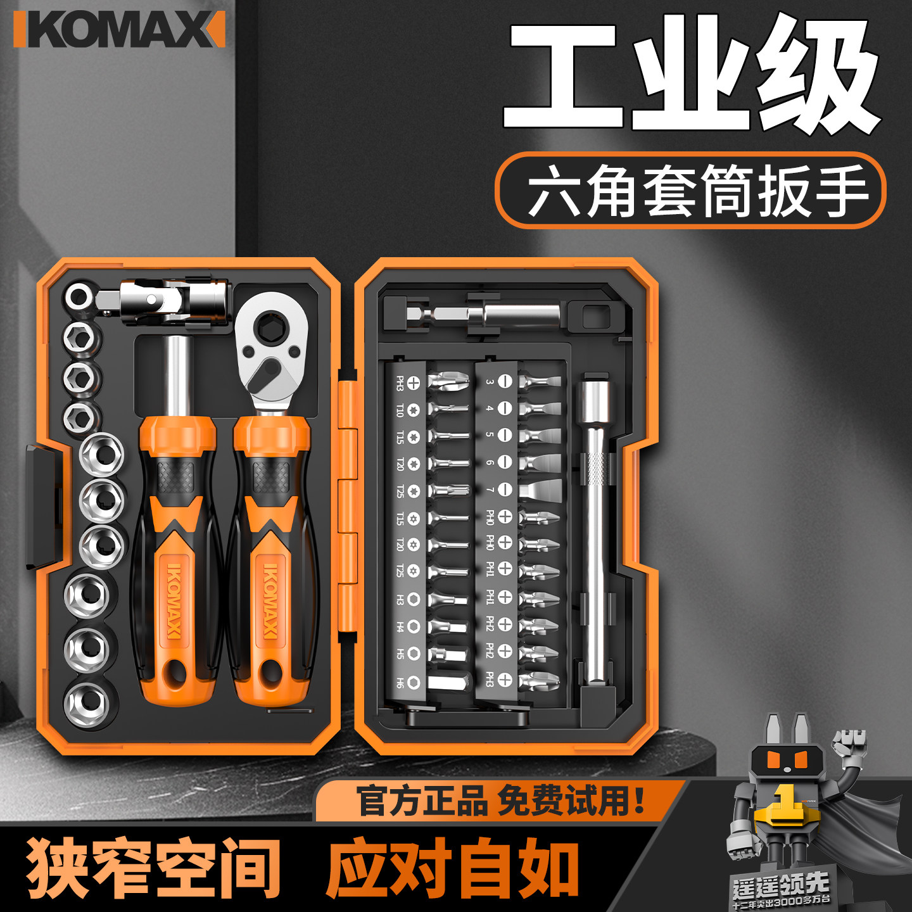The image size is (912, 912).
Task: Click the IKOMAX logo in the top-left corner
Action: (x=119, y=30)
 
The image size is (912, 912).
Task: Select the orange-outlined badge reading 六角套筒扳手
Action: (x=690, y=190)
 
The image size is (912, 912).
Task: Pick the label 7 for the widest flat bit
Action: (x=490, y=490)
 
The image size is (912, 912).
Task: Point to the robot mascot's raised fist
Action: (x=849, y=741)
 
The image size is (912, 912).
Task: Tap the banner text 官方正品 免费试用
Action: (x=500, y=801)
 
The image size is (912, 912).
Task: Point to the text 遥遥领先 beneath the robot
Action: (x=780, y=884)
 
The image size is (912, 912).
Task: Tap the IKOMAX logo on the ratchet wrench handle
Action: (x=270, y=602)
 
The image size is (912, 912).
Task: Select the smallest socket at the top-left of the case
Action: (x=80, y=296)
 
